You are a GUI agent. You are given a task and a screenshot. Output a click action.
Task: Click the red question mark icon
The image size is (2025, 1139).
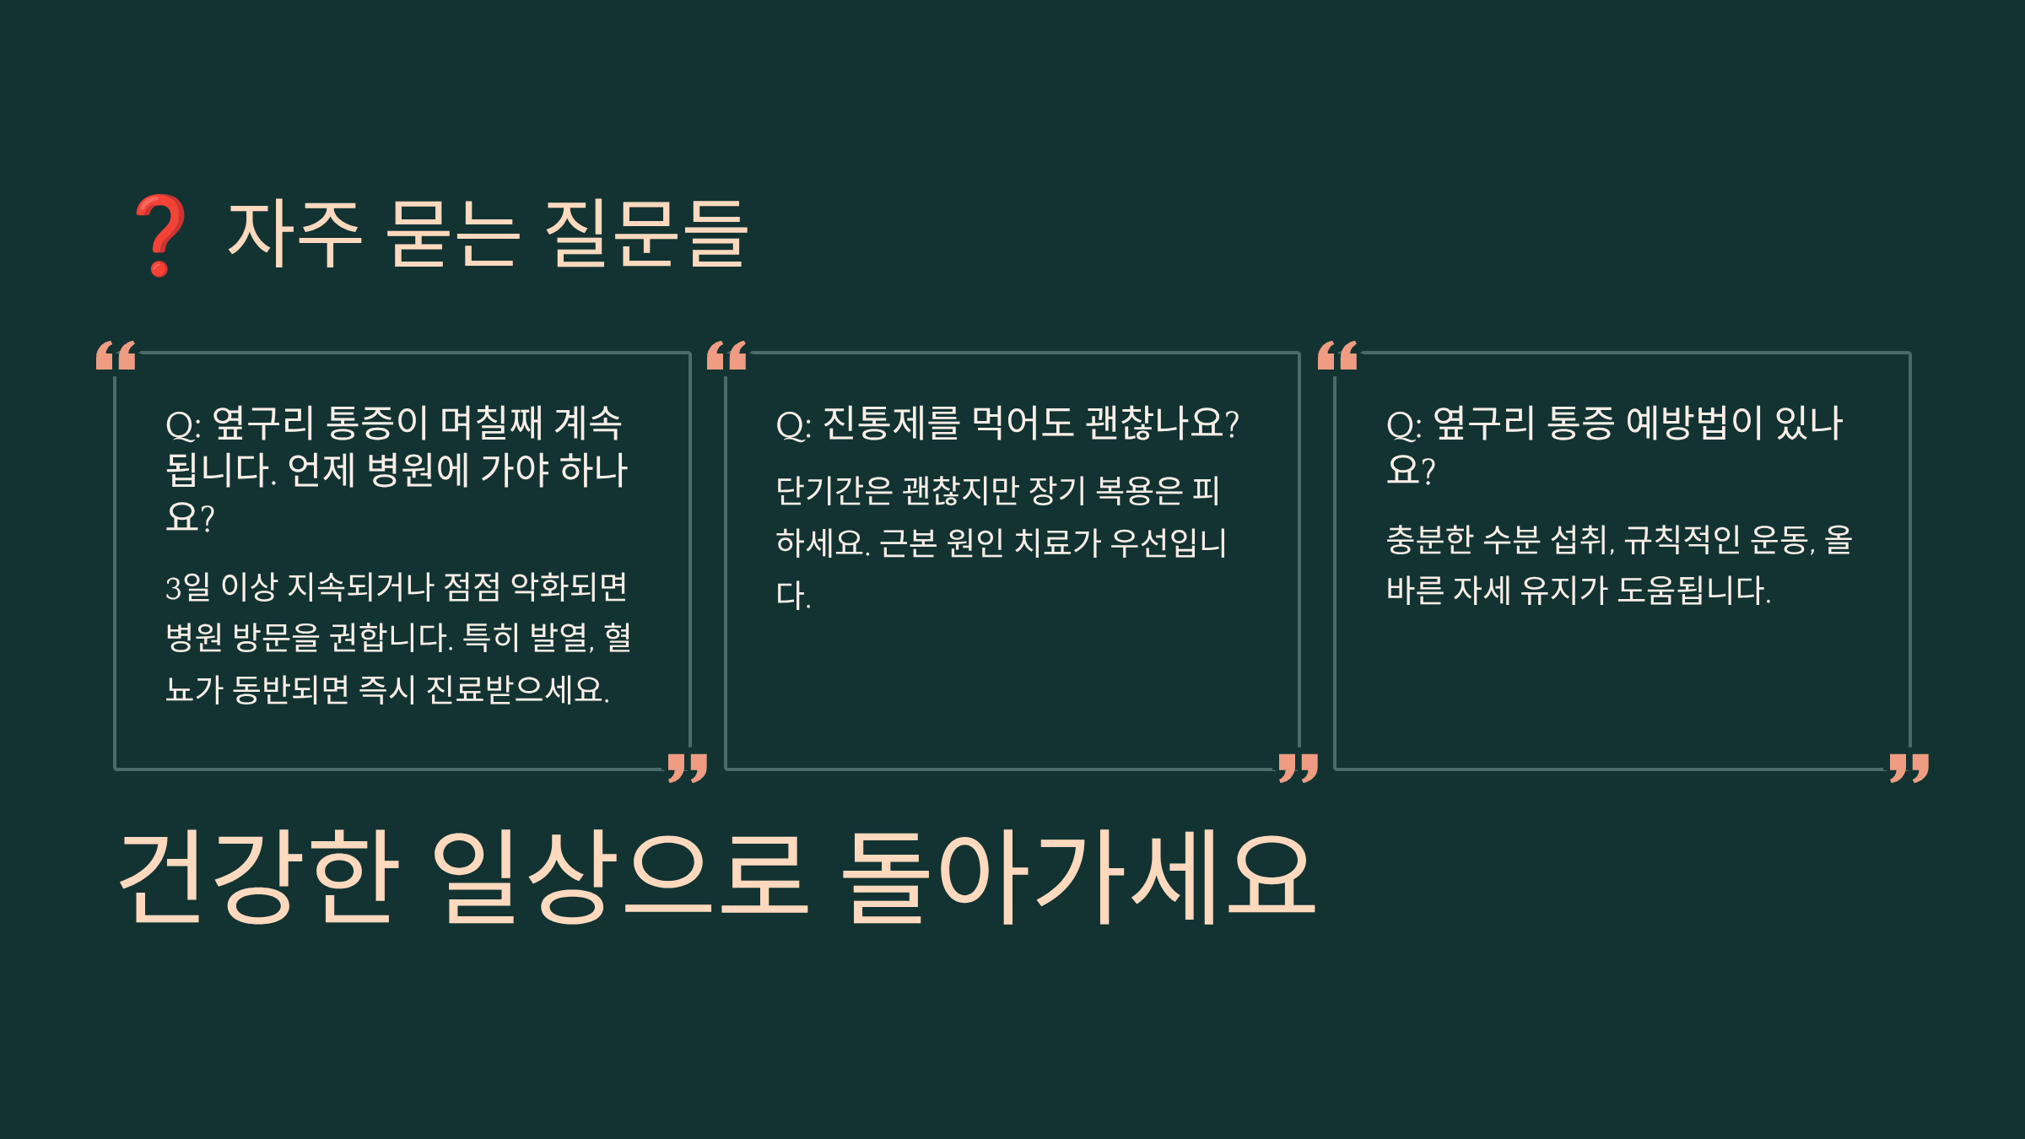click(x=159, y=235)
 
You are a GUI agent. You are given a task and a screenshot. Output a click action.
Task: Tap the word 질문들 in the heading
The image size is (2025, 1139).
click(x=645, y=235)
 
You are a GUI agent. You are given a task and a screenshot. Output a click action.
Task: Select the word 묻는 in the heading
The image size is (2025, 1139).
click(x=452, y=235)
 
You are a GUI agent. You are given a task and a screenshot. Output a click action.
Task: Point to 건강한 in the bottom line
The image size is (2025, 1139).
click(x=256, y=877)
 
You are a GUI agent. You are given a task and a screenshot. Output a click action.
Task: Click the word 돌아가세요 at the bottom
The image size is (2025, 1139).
click(x=1078, y=877)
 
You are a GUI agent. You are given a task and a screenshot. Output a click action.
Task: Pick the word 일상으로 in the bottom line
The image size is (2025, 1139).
click(x=620, y=877)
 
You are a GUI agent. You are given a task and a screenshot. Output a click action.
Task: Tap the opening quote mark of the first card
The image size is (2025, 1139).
click(x=116, y=355)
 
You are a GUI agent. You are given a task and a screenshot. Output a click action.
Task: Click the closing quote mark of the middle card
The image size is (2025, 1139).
click(x=1298, y=768)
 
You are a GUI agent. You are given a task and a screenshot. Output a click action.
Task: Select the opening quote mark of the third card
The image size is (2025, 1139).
click(x=1337, y=355)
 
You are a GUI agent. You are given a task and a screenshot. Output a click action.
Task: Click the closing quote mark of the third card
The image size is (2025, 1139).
click(x=1909, y=768)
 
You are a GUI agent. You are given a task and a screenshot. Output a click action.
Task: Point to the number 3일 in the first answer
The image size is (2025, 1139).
click(x=187, y=587)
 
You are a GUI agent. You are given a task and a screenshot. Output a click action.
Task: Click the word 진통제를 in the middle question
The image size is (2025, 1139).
click(x=891, y=424)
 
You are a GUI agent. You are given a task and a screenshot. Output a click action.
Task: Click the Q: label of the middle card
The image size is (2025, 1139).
click(x=793, y=425)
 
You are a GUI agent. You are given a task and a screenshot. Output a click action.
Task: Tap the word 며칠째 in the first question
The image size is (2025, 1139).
click(x=492, y=424)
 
